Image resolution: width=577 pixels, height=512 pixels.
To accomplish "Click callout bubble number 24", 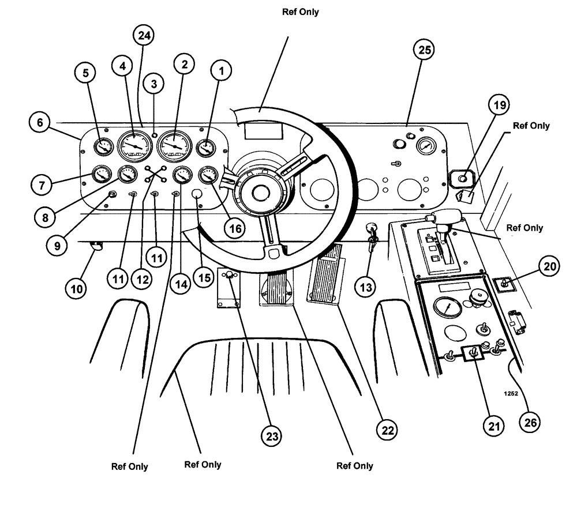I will (x=143, y=36).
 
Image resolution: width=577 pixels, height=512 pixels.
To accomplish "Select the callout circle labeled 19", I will (x=498, y=105).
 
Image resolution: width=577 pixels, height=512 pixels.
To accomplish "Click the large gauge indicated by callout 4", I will (x=133, y=146).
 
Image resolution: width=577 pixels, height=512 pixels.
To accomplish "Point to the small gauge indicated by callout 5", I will (x=104, y=148).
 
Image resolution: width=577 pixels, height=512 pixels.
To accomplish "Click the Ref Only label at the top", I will (x=300, y=12).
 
